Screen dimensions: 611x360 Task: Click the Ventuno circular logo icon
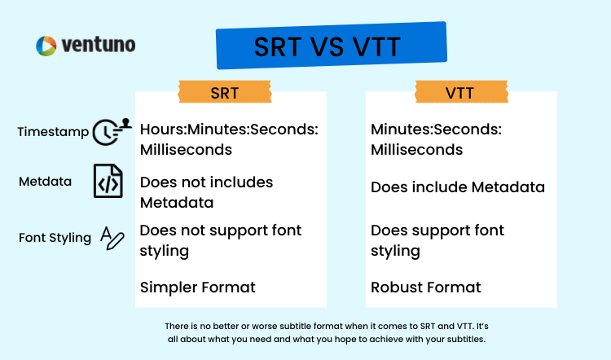[x=46, y=46]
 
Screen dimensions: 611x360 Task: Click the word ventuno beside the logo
[x=99, y=45]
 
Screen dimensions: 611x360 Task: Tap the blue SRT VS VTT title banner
[x=332, y=46]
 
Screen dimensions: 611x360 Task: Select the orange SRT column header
[x=225, y=92]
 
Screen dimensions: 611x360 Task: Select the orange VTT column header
[x=461, y=92]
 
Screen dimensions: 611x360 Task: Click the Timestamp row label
[x=53, y=132]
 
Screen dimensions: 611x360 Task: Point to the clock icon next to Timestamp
[x=112, y=132]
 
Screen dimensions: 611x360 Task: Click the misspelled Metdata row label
[x=45, y=181]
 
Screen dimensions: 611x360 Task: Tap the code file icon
[x=108, y=181]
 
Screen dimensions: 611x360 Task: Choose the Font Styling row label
[x=55, y=237]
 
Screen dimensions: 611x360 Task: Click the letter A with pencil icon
[x=112, y=238]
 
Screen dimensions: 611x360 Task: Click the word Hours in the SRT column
[x=162, y=130]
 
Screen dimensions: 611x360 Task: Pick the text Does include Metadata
[x=458, y=187]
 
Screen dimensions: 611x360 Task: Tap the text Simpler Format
[x=198, y=288]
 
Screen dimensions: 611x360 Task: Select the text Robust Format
[x=425, y=288]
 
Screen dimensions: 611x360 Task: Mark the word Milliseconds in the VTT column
[x=416, y=150]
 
